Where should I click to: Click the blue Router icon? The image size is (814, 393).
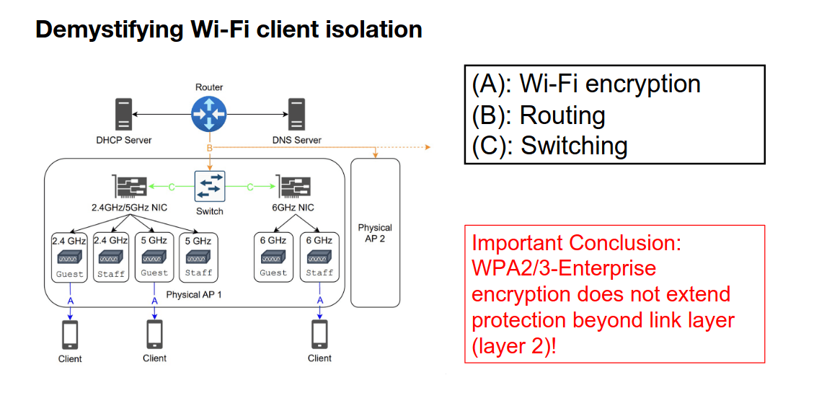point(209,113)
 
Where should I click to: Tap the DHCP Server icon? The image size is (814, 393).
point(123,115)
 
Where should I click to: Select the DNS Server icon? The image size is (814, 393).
point(295,115)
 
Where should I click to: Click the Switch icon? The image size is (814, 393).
point(210,187)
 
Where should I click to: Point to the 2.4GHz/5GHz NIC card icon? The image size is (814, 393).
point(130,187)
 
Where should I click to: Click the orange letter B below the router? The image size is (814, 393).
point(210,148)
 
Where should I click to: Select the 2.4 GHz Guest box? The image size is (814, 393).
point(70,257)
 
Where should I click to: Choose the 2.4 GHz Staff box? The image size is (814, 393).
point(111,257)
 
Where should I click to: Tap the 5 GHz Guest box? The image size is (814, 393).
point(154,257)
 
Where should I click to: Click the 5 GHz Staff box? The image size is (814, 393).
point(198,257)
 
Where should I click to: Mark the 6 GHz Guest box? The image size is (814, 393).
point(273,257)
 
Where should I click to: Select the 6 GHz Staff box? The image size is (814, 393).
point(319,257)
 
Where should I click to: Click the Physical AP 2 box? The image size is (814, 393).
point(375,232)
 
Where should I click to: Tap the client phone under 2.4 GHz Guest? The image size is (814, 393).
point(70,335)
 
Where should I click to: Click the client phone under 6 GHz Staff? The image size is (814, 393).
point(319,335)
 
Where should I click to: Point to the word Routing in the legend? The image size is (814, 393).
point(562,115)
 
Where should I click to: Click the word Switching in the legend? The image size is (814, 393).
point(574,146)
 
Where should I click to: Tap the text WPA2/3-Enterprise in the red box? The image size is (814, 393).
point(564,268)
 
